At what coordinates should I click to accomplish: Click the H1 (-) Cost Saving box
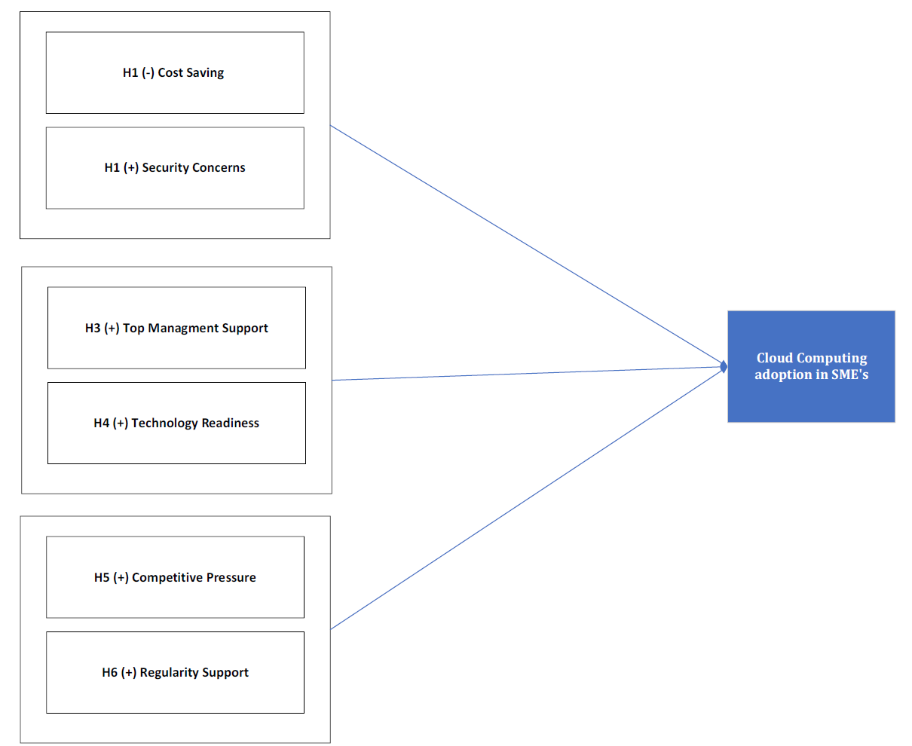coord(175,72)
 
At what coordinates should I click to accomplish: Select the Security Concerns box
coord(175,168)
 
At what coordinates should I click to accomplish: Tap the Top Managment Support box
coord(176,328)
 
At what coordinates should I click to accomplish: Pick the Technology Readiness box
coord(176,423)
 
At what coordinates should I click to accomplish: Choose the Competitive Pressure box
coord(175,577)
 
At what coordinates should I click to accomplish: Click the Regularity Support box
coord(175,672)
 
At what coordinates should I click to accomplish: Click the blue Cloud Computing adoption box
coord(811,366)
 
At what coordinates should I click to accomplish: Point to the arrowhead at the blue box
coord(724,367)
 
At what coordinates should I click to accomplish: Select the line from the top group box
coord(527,244)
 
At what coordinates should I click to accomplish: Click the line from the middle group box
coord(527,374)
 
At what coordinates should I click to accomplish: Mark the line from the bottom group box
coord(527,500)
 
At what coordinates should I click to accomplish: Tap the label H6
coord(109,672)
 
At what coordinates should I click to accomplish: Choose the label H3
coord(93,328)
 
